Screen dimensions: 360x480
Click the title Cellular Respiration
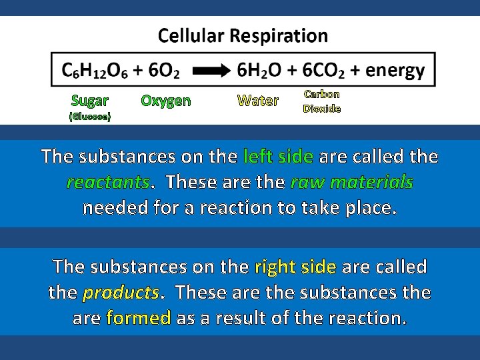coord(243,35)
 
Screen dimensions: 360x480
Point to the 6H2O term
coord(261,71)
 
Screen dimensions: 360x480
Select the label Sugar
coord(90,101)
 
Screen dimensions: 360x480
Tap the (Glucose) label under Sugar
coord(90,116)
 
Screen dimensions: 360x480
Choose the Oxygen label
coord(165,101)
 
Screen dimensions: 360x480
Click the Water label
coord(258,101)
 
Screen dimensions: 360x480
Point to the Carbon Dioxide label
coord(322,101)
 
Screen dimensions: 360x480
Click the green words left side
coord(278,157)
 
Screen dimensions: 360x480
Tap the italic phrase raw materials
coord(353,182)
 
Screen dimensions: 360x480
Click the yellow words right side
coord(295,267)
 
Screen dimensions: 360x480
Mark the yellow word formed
coord(139,318)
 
